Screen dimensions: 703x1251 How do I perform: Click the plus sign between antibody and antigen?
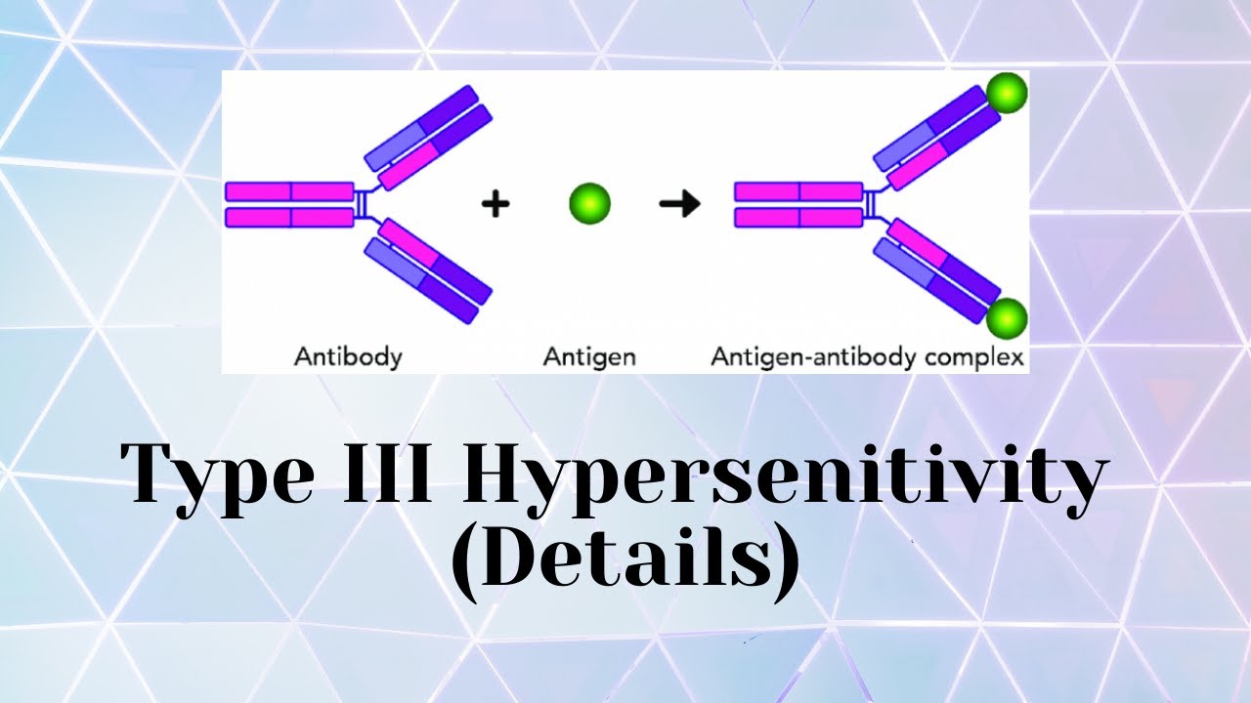496,204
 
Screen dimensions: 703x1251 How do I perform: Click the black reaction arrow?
679,204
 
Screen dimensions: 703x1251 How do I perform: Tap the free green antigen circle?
589,204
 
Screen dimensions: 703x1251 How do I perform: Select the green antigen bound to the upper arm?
1006,94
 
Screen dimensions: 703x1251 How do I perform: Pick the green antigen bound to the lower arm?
1006,318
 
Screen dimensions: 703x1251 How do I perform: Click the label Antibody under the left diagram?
348,357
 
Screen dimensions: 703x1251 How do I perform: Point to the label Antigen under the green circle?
589,357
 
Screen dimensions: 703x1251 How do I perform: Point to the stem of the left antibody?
289,204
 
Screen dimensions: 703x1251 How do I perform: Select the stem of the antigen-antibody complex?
798,204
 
